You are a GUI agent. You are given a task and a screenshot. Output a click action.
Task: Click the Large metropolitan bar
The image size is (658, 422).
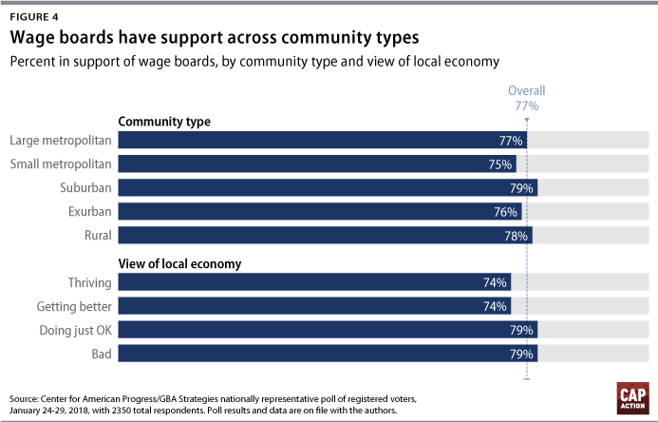pyautogui.click(x=322, y=141)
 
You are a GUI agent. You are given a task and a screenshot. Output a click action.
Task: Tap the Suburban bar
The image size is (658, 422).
pyautogui.click(x=328, y=187)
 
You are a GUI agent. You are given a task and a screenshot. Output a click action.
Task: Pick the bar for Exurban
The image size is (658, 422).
pyautogui.click(x=320, y=211)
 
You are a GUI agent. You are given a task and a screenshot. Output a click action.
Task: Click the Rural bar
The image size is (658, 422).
pyautogui.click(x=325, y=235)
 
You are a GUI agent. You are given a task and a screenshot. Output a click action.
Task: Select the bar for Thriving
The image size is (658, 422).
pyautogui.click(x=314, y=282)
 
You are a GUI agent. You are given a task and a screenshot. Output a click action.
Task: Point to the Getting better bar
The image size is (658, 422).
pyautogui.click(x=314, y=306)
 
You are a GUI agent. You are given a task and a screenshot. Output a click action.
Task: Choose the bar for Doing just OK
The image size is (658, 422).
pyautogui.click(x=328, y=330)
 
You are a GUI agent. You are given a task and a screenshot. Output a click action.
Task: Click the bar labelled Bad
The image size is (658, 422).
pyautogui.click(x=328, y=354)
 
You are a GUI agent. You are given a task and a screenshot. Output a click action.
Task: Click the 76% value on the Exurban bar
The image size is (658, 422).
pyautogui.click(x=507, y=212)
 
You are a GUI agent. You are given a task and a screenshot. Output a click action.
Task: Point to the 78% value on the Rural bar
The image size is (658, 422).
pyautogui.click(x=518, y=236)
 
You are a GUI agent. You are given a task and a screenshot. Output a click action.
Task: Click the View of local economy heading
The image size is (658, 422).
pyautogui.click(x=179, y=263)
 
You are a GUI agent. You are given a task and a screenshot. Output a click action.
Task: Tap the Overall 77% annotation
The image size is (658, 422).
pyautogui.click(x=527, y=99)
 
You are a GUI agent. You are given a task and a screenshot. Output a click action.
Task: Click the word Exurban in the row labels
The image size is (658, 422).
pyautogui.click(x=88, y=211)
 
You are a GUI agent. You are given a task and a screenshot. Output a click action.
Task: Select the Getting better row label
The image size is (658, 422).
pyautogui.click(x=74, y=306)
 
